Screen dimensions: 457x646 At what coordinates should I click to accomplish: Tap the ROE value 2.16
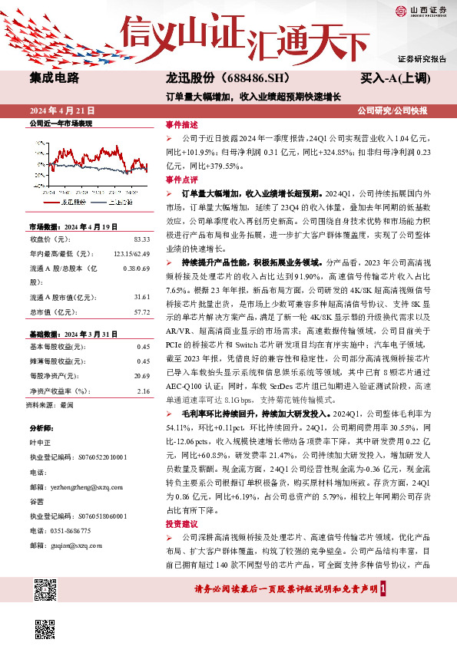(143, 391)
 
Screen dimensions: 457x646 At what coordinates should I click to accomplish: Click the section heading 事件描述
(182, 124)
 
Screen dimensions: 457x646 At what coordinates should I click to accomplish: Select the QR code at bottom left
(47, 592)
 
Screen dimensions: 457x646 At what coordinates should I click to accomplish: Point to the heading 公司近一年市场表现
(60, 124)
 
